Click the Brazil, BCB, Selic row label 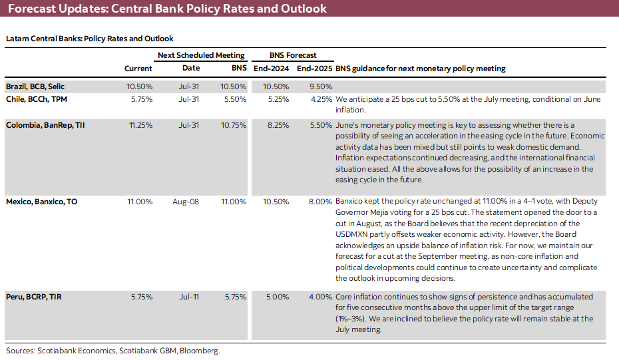point(35,87)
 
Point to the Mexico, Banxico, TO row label point(41,201)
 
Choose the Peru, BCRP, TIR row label point(34,296)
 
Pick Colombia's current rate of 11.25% point(140,124)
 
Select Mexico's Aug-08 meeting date point(190,201)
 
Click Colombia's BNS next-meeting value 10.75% point(234,124)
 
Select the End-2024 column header point(270,69)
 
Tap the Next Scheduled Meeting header point(201,55)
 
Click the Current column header point(138,69)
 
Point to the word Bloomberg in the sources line point(200,351)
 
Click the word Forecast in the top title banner point(33,9)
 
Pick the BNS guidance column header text point(420,69)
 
